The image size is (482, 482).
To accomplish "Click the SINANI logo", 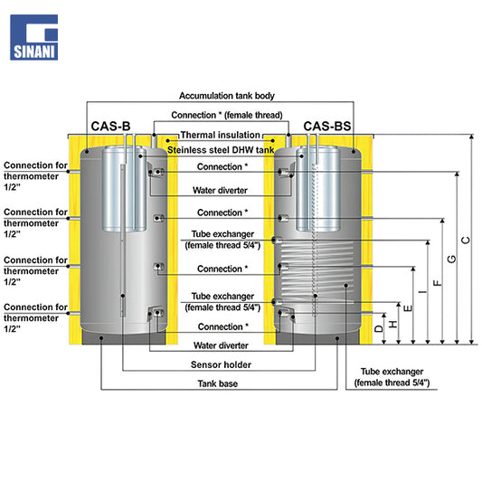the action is click(34, 37).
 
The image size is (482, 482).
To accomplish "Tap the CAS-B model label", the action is click(110, 127).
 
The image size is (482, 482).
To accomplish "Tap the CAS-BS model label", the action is click(327, 127).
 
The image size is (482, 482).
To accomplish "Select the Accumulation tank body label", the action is click(227, 96).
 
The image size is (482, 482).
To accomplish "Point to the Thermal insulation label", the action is click(221, 135).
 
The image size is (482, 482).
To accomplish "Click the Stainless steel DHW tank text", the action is click(221, 150).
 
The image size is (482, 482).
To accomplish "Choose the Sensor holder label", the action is click(221, 364).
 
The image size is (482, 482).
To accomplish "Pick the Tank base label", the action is click(218, 383).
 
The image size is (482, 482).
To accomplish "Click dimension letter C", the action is click(466, 240).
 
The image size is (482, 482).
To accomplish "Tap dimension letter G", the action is click(451, 260).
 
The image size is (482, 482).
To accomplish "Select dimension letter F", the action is click(437, 283).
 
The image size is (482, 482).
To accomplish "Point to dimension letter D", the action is click(379, 328).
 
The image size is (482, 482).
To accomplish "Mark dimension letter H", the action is click(393, 324).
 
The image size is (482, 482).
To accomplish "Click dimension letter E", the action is click(408, 308).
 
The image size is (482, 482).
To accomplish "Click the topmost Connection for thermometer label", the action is click(35, 176).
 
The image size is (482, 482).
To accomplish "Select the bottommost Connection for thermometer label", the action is click(35, 317).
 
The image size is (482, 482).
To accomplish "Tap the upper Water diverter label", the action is click(220, 190).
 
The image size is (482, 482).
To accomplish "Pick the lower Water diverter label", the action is click(221, 345).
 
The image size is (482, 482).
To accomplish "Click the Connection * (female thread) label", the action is click(227, 115).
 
